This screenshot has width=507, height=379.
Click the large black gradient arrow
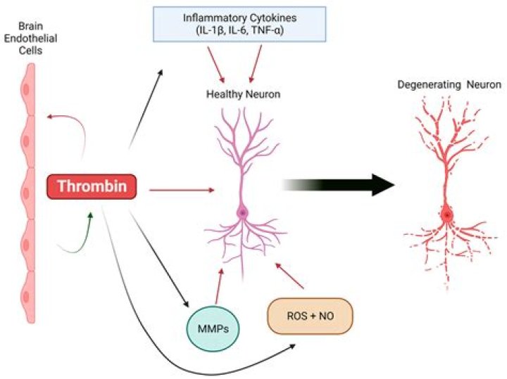pos(338,184)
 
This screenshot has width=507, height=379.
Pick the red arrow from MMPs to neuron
pos(220,288)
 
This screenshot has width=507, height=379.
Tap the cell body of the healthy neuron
pos(243,212)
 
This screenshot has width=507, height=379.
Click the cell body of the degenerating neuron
pos(446,214)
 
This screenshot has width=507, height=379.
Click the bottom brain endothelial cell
pos(27,298)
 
